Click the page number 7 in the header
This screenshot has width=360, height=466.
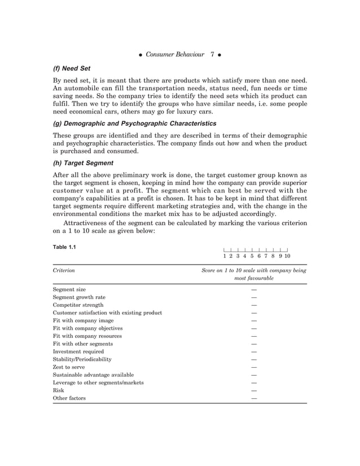[212, 55]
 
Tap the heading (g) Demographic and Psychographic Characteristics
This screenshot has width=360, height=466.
[134, 123]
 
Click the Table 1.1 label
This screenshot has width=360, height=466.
[64, 247]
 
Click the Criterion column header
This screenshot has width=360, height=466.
[64, 271]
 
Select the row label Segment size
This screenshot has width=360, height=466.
[69, 289]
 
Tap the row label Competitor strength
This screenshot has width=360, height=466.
[78, 305]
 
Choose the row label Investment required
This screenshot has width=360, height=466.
[78, 351]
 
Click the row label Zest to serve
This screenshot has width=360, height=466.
[69, 367]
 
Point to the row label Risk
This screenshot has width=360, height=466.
[59, 390]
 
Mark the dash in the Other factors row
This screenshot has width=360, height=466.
[254, 398]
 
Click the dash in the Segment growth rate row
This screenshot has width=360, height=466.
[254, 297]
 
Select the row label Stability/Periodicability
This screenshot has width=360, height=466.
[82, 359]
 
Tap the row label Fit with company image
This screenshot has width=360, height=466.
[83, 320]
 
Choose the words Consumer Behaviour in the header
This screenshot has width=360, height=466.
[175, 55]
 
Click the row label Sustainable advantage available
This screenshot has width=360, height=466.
[93, 375]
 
